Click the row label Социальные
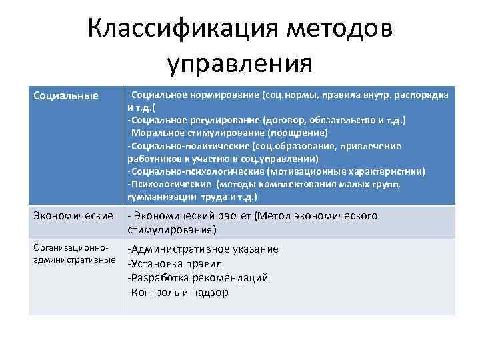pyautogui.click(x=61, y=95)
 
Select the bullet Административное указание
pyautogui.click(x=204, y=249)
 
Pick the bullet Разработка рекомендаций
pyautogui.click(x=198, y=277)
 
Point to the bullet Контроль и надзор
pyautogui.click(x=178, y=292)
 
